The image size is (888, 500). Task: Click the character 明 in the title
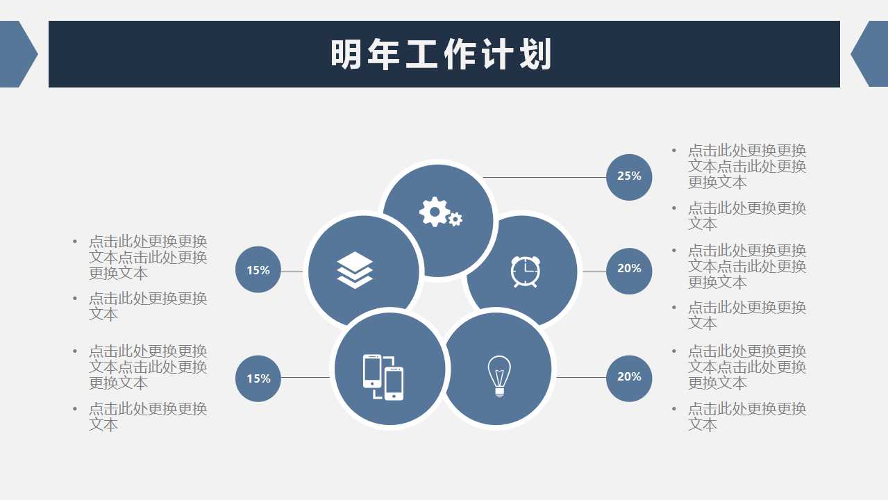346,55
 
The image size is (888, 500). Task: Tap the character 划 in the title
535,55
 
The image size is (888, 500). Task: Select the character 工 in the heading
422,55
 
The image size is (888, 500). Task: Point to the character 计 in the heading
497,55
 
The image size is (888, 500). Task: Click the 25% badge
629,176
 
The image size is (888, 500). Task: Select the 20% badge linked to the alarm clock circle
629,269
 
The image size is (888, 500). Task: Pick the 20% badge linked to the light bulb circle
629,377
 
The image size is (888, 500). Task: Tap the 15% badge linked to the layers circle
258,270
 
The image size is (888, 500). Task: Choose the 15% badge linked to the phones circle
258,378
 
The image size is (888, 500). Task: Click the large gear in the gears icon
435,211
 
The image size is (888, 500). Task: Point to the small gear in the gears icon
455,219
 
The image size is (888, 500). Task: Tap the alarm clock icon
526,271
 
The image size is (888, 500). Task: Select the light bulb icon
499,376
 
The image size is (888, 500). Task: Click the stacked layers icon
355,270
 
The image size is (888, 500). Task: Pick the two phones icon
383,377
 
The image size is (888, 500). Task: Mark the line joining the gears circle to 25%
545,177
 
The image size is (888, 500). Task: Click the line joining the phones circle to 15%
305,378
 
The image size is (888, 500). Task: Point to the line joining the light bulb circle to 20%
581,377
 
